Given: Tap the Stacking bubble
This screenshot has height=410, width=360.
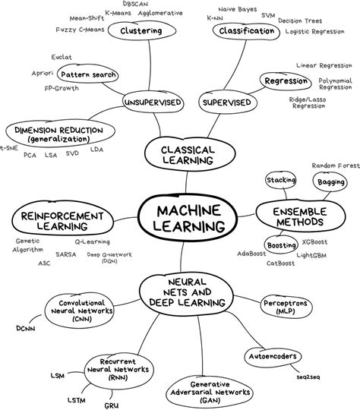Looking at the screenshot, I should click(280, 180).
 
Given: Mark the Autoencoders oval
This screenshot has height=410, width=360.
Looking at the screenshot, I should click(271, 355).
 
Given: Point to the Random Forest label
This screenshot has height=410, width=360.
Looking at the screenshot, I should click(334, 165).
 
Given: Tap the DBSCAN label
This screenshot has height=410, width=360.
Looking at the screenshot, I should click(135, 5).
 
